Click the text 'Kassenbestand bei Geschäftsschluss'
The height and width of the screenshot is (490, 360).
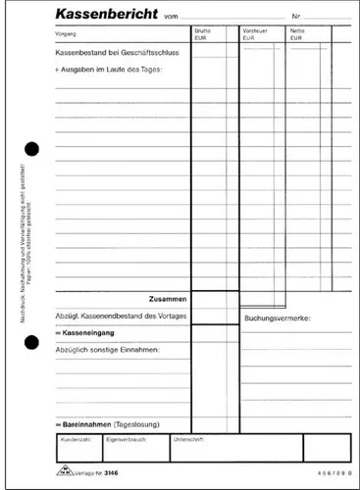(x=109, y=56)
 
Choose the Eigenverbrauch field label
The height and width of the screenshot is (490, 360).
(x=127, y=441)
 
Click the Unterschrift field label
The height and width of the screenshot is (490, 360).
(x=188, y=441)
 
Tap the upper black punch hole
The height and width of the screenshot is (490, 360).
(x=30, y=148)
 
